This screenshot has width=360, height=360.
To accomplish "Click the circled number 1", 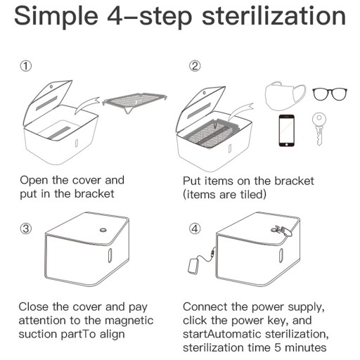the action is (x=26, y=66).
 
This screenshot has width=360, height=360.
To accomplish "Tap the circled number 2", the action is (x=195, y=66).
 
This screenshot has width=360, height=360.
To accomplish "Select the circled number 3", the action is (x=26, y=229).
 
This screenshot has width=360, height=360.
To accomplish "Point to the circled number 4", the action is (x=195, y=229).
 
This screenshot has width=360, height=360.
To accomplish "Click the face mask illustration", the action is (x=285, y=96).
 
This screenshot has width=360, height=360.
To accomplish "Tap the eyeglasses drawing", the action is (x=330, y=94).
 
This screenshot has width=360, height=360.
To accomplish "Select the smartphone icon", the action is (x=286, y=131).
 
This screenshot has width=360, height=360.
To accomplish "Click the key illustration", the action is (x=319, y=129).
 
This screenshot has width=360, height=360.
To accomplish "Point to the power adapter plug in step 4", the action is (x=193, y=266).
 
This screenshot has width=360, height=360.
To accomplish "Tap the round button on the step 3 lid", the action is (x=103, y=230).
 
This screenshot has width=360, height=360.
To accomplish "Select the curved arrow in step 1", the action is (x=86, y=105).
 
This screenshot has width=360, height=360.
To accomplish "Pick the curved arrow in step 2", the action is (x=240, y=112).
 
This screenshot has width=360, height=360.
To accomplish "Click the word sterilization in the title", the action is (x=274, y=16).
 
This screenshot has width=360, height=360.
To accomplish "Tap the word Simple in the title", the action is (x=56, y=17).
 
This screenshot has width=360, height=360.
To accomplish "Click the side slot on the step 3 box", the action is (x=110, y=255).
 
